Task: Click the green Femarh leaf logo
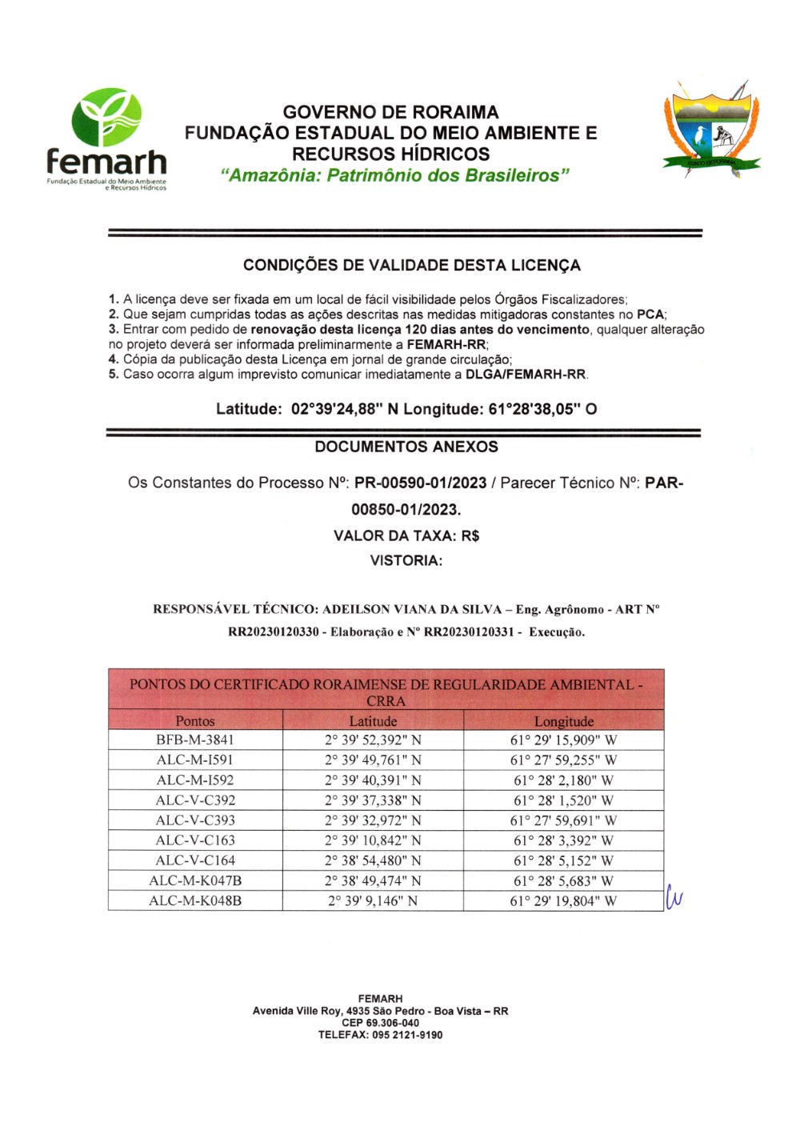click(106, 117)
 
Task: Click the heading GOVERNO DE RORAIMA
click(390, 112)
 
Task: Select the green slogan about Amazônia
click(395, 175)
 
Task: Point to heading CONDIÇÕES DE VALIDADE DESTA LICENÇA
click(411, 265)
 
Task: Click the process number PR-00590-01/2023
click(420, 483)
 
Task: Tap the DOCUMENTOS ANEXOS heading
click(406, 447)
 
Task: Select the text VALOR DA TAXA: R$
click(406, 535)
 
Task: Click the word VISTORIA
click(405, 560)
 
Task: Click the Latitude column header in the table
click(373, 721)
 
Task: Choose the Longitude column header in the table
click(563, 721)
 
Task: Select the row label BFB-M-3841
click(195, 740)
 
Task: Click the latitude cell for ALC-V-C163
click(373, 840)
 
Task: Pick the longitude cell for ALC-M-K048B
click(563, 900)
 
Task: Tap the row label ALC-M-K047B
click(195, 880)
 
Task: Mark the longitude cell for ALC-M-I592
click(563, 780)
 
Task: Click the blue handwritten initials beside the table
click(674, 898)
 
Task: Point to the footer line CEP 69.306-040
click(380, 1023)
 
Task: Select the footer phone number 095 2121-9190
click(407, 1035)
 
